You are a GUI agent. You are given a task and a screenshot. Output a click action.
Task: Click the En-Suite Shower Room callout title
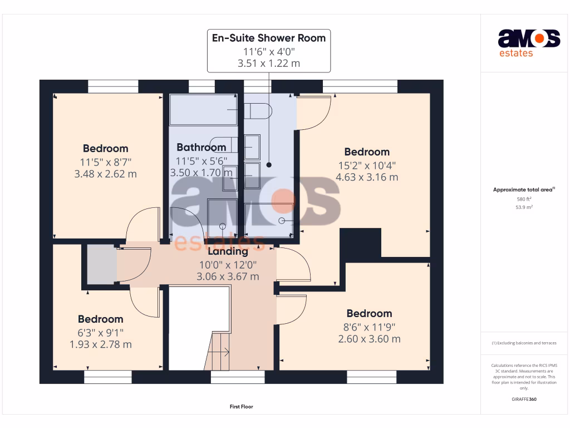click(x=269, y=38)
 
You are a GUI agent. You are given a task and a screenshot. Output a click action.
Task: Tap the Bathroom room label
click(x=201, y=147)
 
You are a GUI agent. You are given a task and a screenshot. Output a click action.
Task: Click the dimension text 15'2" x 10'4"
click(x=366, y=165)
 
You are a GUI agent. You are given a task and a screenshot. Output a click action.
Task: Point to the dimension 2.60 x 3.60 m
click(x=369, y=339)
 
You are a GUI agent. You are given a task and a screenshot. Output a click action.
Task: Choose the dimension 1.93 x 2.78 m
click(x=100, y=344)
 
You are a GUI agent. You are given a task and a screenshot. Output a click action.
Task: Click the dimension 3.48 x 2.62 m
click(x=105, y=174)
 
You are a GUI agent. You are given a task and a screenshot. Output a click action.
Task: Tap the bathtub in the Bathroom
click(x=203, y=110)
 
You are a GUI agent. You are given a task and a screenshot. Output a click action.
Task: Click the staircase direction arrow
click(x=225, y=351)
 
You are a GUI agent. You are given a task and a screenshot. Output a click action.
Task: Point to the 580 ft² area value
click(x=524, y=199)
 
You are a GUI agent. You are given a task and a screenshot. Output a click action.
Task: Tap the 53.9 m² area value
click(x=524, y=207)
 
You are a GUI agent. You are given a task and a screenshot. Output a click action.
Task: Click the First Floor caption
click(x=241, y=407)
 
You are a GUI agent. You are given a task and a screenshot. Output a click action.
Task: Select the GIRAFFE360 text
click(x=524, y=399)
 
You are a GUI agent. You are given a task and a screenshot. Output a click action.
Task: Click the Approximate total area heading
click(x=523, y=190)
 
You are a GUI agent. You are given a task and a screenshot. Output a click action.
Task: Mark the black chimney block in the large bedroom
click(x=360, y=243)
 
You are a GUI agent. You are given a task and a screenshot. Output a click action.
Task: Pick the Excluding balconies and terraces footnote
click(x=524, y=343)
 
